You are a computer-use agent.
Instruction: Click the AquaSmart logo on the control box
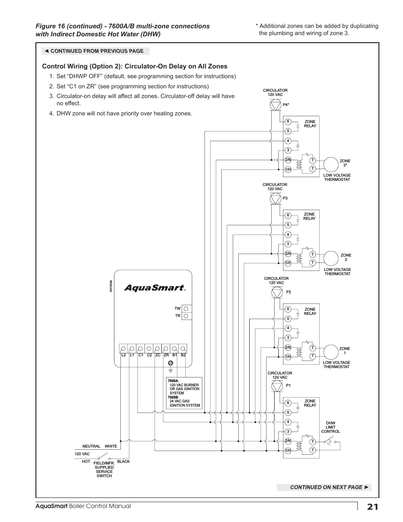coord(154,288)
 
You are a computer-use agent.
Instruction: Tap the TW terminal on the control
coord(186,309)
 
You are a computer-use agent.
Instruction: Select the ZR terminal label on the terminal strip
coord(166,355)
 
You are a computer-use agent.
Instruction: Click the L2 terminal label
coord(123,355)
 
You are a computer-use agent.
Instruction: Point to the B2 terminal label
coord(183,355)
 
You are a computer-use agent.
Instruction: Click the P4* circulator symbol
coord(275,104)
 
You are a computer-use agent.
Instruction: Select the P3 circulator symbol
coord(275,198)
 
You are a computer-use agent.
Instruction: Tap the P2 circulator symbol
coord(276,292)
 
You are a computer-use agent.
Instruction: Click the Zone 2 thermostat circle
coord(329,258)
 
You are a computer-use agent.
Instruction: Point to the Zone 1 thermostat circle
coord(329,352)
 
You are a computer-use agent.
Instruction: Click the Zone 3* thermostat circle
coord(329,164)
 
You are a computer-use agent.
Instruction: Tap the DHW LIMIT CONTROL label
coord(330,427)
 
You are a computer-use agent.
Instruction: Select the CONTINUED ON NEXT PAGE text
coord(326,487)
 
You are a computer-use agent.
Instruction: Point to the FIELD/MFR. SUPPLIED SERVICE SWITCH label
coord(104,469)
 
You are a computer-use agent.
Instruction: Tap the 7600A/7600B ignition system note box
coord(184,393)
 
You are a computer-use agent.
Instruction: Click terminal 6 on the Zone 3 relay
coord(288,122)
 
